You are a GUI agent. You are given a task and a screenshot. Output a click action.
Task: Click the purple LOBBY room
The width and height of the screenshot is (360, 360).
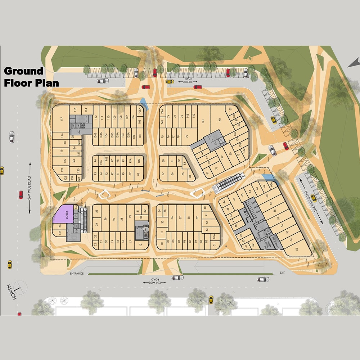pos(64,215)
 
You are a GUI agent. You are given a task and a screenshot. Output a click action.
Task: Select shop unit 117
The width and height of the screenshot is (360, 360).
pos(62,119)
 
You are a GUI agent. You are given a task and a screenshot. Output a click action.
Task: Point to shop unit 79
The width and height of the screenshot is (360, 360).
pos(187,136)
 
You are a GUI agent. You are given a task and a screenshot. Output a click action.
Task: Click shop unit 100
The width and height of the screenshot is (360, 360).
pos(139,161)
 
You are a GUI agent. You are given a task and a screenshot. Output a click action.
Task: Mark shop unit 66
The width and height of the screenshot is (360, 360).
pos(234,199)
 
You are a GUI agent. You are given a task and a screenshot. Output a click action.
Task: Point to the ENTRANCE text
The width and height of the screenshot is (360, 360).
pos(77,274)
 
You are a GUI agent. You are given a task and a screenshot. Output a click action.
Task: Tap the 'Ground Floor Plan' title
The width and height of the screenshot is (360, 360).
pos(32,77)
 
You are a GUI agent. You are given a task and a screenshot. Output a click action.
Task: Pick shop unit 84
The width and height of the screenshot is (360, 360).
pos(190,176)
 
